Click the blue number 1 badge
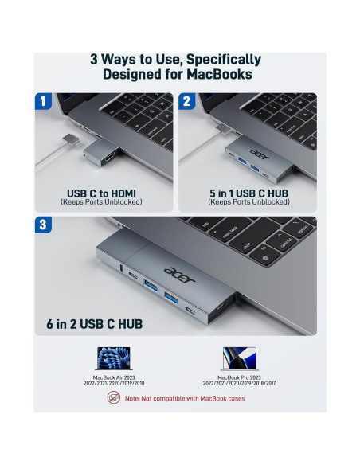click(x=45, y=101)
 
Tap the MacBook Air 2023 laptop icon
click(x=113, y=358)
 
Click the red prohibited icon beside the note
click(x=115, y=397)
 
